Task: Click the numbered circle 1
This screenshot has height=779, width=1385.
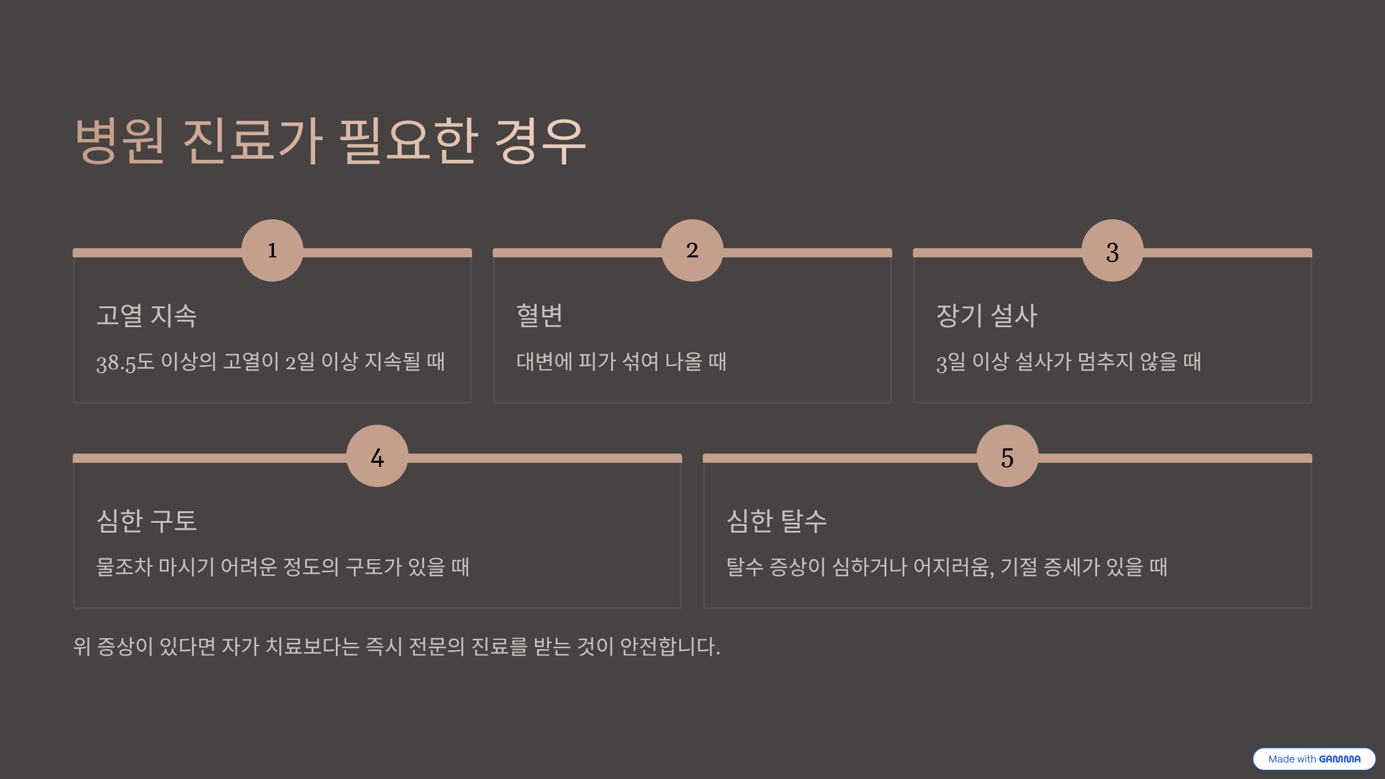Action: pos(272,250)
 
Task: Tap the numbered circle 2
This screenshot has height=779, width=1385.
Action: pos(692,250)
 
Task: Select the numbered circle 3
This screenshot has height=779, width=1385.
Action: pos(1113,250)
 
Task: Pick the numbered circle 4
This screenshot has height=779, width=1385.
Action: pos(377,456)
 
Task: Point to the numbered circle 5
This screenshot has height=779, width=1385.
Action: pos(1008,456)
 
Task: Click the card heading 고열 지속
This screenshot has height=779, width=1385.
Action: pos(147,316)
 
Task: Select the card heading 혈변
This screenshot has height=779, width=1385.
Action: pos(540,316)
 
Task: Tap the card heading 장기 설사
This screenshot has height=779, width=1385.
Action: pos(987,316)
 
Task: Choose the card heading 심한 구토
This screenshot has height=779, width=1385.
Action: pos(147,521)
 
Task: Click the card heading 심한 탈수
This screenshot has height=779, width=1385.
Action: pos(777,521)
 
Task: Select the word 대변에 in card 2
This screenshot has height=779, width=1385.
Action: pos(544,362)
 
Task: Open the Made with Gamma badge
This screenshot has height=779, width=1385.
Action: pos(1314,759)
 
